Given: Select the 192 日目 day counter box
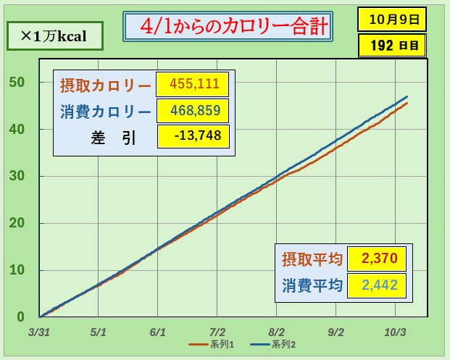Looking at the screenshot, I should tap(392, 45).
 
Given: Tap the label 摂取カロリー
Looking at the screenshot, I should tap(106, 85).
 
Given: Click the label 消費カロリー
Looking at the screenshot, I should tap(106, 111).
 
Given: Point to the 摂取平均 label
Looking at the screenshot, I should tap(312, 259).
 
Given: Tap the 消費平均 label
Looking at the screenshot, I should tap(312, 285).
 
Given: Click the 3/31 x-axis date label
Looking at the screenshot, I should tap(40, 332).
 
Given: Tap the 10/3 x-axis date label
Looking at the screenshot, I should tap(394, 332).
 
